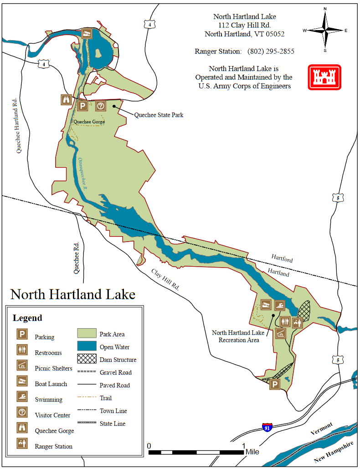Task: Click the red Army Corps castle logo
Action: [324, 77]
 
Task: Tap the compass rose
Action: [325, 30]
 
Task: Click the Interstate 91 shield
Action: [267, 427]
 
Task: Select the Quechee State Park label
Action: [159, 115]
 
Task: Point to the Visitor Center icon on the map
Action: [101, 106]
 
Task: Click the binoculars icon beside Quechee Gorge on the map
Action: [66, 100]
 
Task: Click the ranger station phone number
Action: [271, 52]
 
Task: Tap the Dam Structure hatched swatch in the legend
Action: [87, 359]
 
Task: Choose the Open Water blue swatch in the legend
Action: [87, 346]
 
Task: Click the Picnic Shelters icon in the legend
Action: [22, 366]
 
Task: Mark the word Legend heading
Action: [27, 318]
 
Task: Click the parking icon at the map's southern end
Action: [275, 385]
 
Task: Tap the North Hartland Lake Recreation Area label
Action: [235, 336]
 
